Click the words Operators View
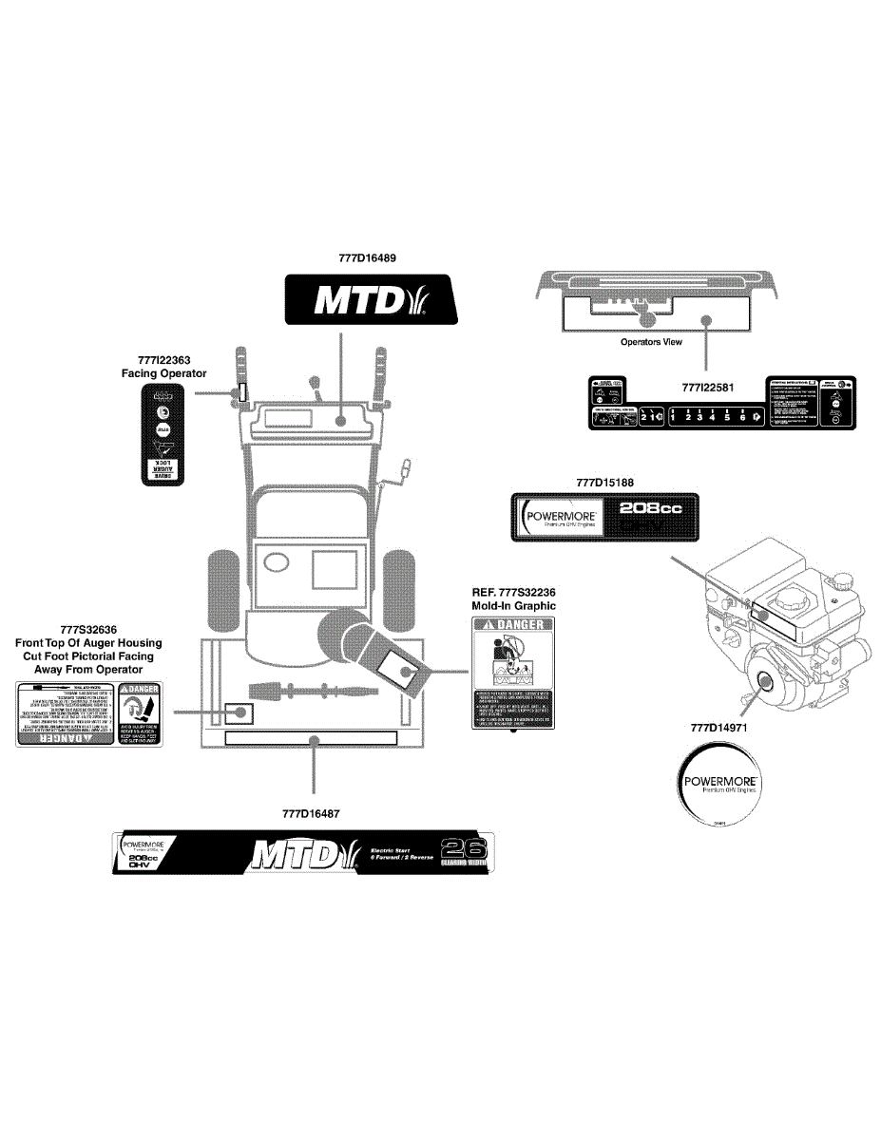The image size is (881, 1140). click(x=651, y=342)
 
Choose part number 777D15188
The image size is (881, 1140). click(x=604, y=483)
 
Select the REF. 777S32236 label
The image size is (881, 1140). click(x=513, y=592)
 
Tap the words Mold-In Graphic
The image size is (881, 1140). click(x=513, y=605)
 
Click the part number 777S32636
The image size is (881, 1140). click(x=88, y=629)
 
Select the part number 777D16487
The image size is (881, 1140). click(x=312, y=813)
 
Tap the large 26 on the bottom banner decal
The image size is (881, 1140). click(x=465, y=848)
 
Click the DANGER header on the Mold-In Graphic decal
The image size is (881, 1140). click(x=513, y=624)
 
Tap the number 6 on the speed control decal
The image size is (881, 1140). click(x=742, y=416)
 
